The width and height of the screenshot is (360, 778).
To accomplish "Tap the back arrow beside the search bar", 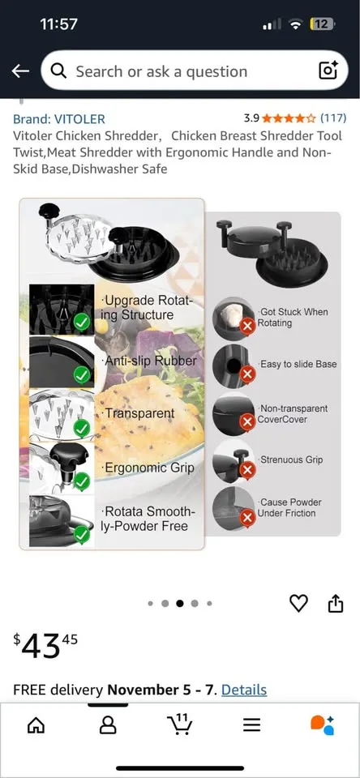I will click(x=20, y=71).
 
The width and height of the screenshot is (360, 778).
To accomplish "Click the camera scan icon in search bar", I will click(x=328, y=71).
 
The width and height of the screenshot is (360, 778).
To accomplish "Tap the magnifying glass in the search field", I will click(x=58, y=71).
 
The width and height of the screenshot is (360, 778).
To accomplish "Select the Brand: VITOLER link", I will click(x=59, y=118).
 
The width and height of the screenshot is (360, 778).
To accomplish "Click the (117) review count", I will click(x=333, y=118).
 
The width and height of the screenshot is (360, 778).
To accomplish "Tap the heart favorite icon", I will click(x=298, y=603).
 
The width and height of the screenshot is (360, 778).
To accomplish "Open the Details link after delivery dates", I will click(x=243, y=690).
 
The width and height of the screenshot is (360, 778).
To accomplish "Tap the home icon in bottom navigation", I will click(x=36, y=725).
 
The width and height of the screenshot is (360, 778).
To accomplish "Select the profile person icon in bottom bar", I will click(x=108, y=725).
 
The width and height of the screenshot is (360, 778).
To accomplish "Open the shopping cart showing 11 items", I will click(x=178, y=724).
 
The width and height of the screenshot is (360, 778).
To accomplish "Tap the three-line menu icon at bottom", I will click(x=251, y=725).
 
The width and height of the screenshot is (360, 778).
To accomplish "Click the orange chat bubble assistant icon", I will click(x=322, y=725).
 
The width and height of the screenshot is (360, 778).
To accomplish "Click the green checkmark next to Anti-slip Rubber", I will click(x=81, y=374).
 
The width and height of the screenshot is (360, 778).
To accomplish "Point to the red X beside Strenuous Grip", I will click(x=247, y=470).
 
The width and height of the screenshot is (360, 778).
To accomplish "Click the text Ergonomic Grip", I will click(x=148, y=468).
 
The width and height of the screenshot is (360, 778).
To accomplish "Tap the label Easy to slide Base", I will click(x=298, y=365).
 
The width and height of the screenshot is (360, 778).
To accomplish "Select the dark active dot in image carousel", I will click(x=179, y=604).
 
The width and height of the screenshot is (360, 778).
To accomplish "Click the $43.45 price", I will click(x=46, y=646).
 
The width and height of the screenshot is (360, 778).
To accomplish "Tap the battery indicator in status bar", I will click(x=323, y=24).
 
